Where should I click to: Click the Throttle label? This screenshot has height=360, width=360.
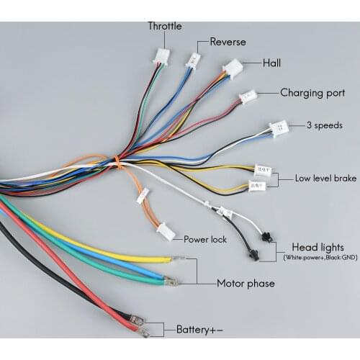[164, 26]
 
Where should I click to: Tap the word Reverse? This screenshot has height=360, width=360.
[228, 42]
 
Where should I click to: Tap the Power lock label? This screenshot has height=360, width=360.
[206, 239]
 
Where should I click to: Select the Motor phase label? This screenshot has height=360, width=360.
[246, 283]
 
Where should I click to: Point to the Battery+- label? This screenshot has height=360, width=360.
[199, 330]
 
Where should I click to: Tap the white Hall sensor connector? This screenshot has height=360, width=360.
[233, 68]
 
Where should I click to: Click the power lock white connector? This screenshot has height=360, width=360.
[166, 231]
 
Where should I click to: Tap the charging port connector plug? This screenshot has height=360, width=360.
[248, 96]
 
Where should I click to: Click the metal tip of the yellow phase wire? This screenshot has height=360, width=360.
[177, 258]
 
